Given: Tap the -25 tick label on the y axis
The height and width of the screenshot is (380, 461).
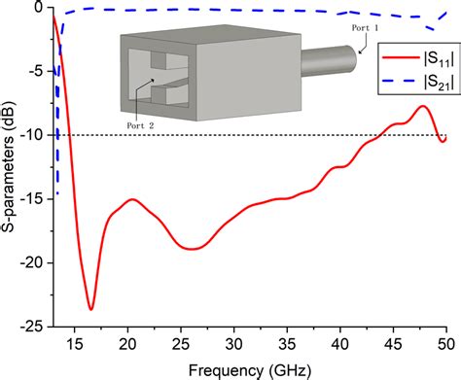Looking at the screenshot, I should click(34, 327).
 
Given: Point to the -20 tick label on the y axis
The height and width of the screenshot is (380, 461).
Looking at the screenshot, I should click(34, 262).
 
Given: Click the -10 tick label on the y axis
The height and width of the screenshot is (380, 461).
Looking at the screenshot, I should click(34, 135).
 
